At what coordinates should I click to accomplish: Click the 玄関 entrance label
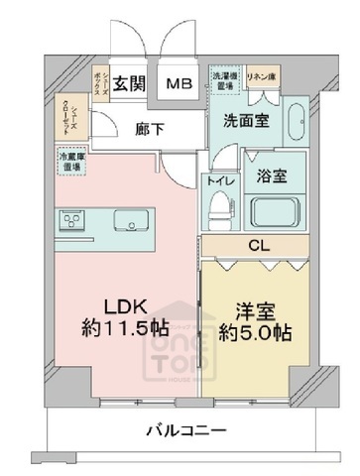[127, 83]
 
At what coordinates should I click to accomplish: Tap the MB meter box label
[179, 84]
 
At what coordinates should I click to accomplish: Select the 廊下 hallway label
[149, 128]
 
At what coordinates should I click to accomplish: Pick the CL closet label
[257, 245]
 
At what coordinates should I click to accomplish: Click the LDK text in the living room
[109, 308]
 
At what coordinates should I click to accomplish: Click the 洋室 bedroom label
[257, 308]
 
